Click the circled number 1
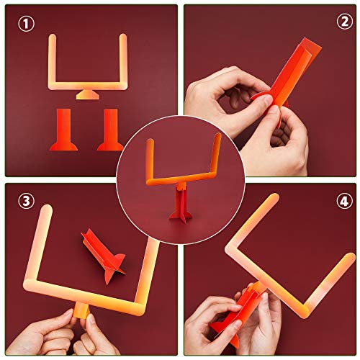(27, 24)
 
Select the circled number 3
(27, 202)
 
